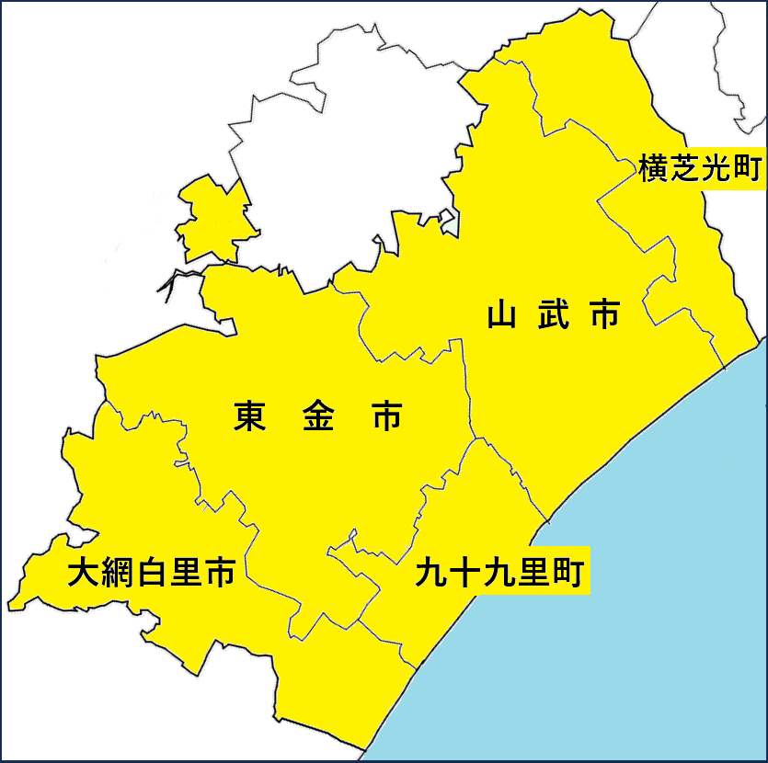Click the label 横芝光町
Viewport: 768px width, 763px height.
pos(701,168)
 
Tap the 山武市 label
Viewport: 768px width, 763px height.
pos(553,316)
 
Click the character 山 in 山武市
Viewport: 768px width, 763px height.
pos(502,316)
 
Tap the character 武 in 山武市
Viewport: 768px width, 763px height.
pos(553,316)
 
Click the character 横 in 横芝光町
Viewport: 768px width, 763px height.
pos(654,168)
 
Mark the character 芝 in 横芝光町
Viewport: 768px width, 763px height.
pos(685,168)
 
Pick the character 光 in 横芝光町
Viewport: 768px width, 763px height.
pos(716,168)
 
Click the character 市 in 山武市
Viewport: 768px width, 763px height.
pos(603,316)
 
